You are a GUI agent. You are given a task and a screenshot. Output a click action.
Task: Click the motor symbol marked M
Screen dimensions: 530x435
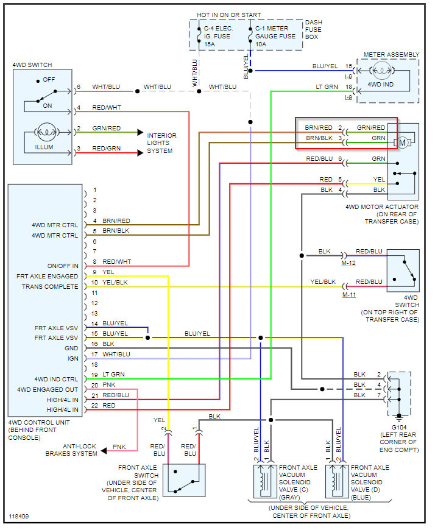pyautogui.click(x=402, y=143)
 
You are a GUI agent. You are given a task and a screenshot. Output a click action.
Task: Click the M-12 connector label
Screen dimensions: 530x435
pyautogui.click(x=349, y=263)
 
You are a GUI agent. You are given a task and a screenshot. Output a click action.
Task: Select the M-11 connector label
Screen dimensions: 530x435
pyautogui.click(x=349, y=295)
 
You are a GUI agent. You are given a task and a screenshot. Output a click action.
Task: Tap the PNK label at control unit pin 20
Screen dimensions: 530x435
pyautogui.click(x=108, y=385)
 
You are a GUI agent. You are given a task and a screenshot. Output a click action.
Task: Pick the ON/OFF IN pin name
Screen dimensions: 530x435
pyautogui.click(x=62, y=266)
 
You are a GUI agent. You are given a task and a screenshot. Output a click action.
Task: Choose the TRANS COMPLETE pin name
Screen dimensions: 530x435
pyautogui.click(x=50, y=286)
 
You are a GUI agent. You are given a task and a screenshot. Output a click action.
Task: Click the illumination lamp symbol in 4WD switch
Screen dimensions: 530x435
pyautogui.click(x=44, y=131)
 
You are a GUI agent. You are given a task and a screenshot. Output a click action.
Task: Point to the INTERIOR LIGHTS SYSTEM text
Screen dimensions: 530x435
pyautogui.click(x=162, y=143)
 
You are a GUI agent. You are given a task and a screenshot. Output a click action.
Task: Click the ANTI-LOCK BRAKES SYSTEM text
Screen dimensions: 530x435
pyautogui.click(x=71, y=450)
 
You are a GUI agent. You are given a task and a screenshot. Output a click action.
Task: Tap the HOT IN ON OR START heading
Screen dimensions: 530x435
pyautogui.click(x=228, y=15)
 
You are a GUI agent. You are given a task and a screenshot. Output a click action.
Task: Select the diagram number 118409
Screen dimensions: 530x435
pyautogui.click(x=19, y=517)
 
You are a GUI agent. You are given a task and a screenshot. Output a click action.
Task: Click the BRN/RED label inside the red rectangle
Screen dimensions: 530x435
pyautogui.click(x=319, y=128)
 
